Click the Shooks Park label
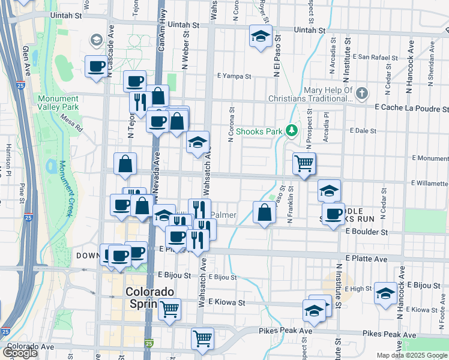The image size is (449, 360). [x=259, y=130]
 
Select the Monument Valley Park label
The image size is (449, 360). [x=58, y=103]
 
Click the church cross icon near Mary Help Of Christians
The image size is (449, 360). [x=361, y=94]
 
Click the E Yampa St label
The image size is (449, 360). [x=234, y=76]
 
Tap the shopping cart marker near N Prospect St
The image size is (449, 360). [x=304, y=163]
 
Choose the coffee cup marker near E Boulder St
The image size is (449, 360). [x=333, y=214]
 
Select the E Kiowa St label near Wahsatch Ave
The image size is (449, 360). [x=228, y=303]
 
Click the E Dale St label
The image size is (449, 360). [x=363, y=130]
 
